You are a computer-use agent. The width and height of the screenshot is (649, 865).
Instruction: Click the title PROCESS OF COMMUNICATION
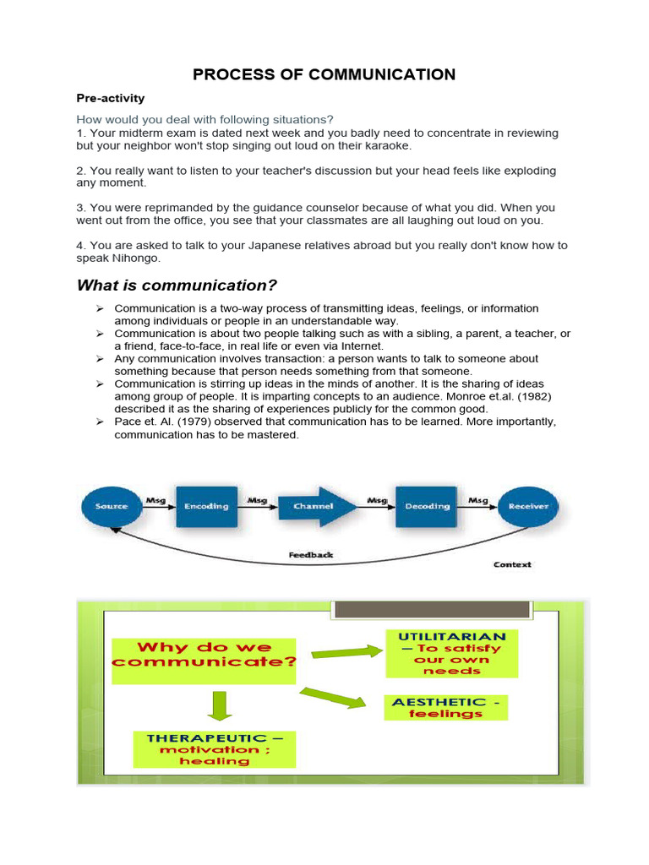324,74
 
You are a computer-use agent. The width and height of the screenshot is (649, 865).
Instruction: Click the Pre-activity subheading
111,99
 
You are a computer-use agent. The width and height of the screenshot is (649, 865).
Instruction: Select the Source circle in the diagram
112,506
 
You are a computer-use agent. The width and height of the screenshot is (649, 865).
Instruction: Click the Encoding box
207,506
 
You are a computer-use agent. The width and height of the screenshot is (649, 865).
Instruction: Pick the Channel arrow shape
313,506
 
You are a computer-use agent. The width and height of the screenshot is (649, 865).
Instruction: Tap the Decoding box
428,506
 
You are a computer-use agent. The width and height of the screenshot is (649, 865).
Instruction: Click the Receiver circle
528,506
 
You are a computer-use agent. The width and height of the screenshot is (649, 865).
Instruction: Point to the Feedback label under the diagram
311,555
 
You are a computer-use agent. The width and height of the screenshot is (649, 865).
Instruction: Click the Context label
512,564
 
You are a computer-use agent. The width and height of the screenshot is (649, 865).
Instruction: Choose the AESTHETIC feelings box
445,707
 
